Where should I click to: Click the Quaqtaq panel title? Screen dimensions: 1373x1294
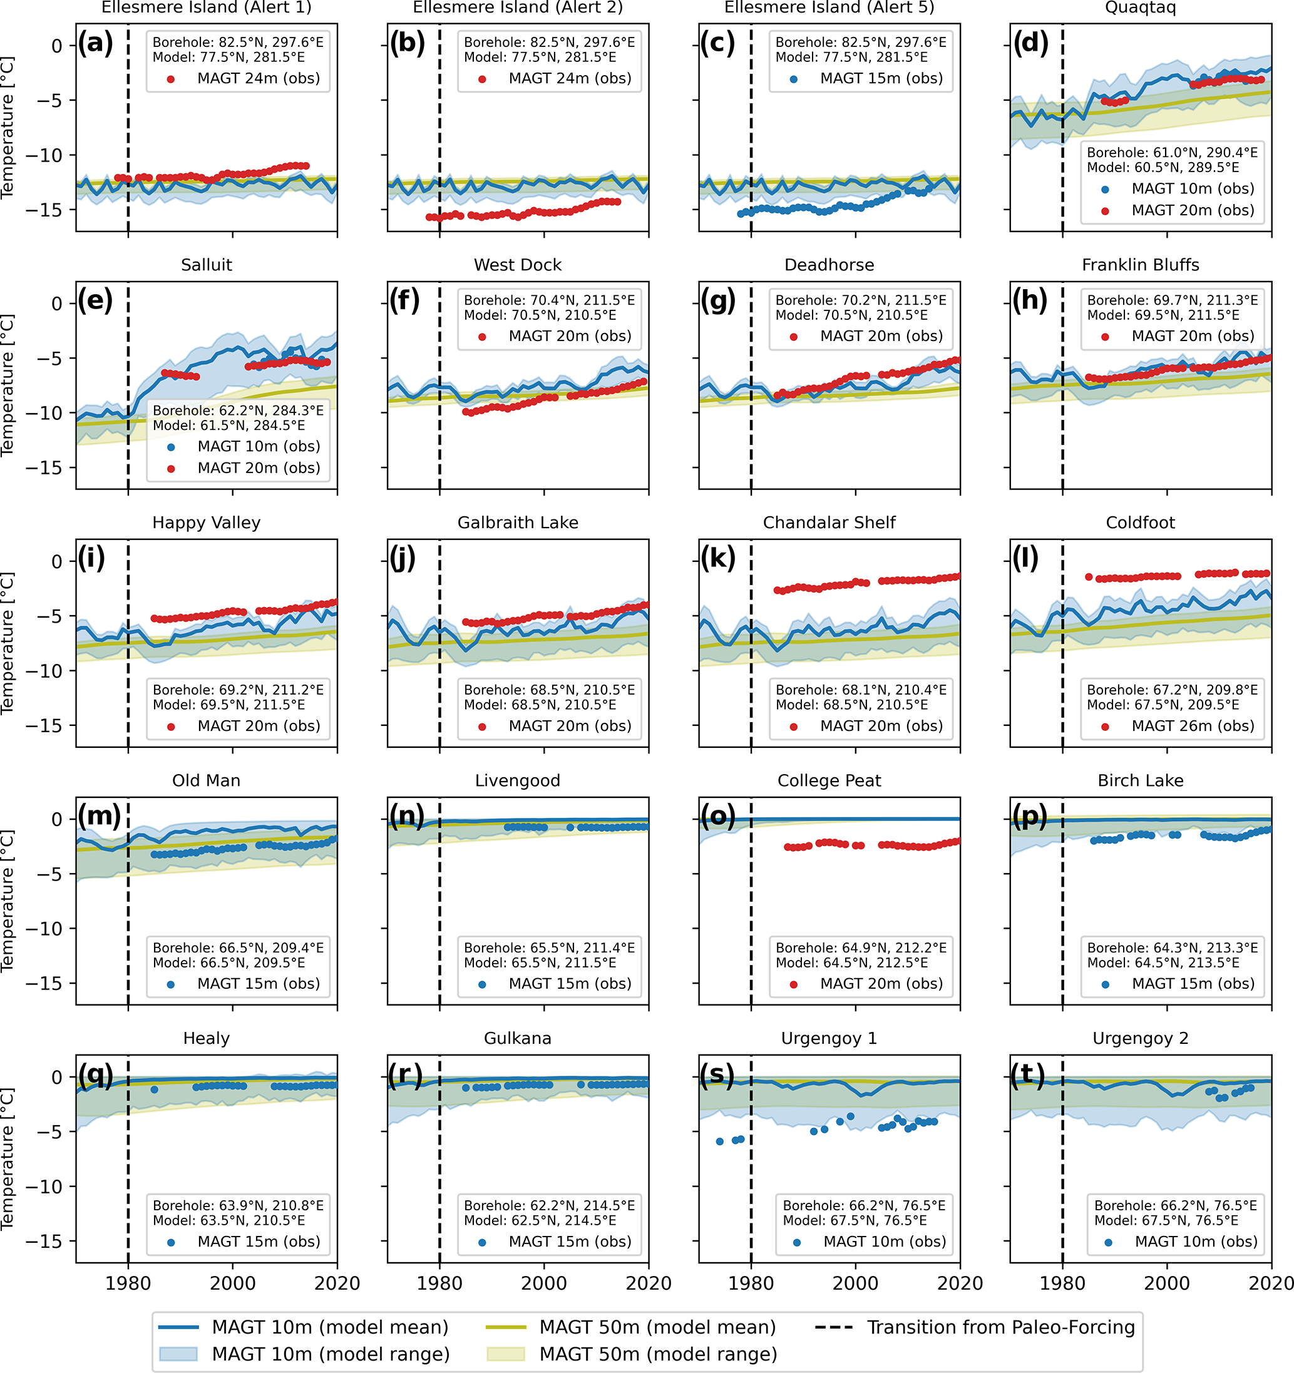point(1140,8)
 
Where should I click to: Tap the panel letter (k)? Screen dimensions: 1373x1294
point(718,558)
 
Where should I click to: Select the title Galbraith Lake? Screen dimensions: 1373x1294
point(518,523)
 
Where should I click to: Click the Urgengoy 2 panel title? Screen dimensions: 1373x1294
point(1140,1039)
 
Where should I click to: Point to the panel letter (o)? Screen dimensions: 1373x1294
point(718,815)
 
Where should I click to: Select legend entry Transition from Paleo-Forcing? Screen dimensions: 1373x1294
point(1001,1327)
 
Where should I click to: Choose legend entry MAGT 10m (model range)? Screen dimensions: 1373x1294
point(331,1354)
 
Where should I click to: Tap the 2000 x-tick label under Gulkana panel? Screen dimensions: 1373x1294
point(544,1284)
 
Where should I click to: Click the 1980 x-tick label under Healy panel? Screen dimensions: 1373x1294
point(128,1284)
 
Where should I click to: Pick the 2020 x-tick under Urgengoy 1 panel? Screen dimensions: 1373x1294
point(960,1284)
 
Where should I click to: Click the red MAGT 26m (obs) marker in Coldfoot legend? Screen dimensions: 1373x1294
point(1105,727)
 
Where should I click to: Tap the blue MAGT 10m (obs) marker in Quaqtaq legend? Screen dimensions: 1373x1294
point(1105,189)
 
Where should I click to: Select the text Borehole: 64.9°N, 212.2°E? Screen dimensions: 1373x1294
point(861,947)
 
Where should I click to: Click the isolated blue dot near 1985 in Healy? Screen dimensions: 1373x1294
point(154,1090)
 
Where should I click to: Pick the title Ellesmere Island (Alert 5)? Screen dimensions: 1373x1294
point(829,8)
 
